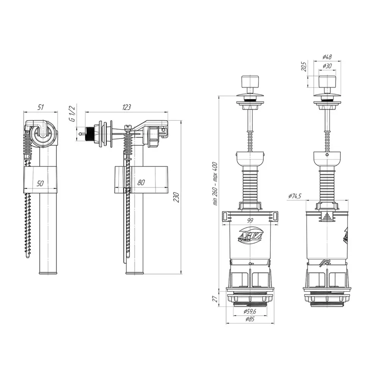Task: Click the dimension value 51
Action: point(41,107)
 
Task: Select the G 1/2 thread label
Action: point(72,113)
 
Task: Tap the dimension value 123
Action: point(127,107)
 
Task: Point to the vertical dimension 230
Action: point(177,197)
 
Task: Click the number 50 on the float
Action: point(40,183)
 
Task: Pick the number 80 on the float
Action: point(141,183)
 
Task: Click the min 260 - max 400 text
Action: point(215,184)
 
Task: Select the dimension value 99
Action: point(250,221)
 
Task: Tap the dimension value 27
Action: point(215,299)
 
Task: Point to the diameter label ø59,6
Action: point(250,312)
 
